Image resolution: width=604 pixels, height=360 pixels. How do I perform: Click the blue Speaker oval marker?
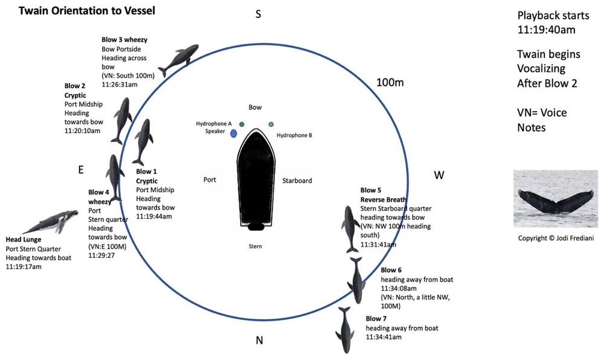tap(233, 132)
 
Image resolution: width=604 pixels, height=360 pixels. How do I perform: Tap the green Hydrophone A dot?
tap(242, 124)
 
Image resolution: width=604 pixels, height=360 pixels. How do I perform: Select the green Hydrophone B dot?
tap(271, 124)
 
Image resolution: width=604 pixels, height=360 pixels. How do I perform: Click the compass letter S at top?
tap(258, 14)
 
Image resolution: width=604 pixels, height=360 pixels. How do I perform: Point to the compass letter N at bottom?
tap(259, 340)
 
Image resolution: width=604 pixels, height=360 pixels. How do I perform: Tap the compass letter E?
tap(80, 170)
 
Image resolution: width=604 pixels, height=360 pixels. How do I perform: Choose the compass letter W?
tap(439, 175)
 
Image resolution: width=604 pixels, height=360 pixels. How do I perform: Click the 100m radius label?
tap(390, 82)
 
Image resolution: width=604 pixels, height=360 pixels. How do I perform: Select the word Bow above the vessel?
tap(255, 107)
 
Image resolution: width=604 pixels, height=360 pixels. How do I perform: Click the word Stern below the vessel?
tap(255, 246)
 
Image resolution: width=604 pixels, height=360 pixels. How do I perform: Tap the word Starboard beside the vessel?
tap(297, 180)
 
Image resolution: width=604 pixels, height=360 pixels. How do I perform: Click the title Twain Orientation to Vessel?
tap(78, 10)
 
